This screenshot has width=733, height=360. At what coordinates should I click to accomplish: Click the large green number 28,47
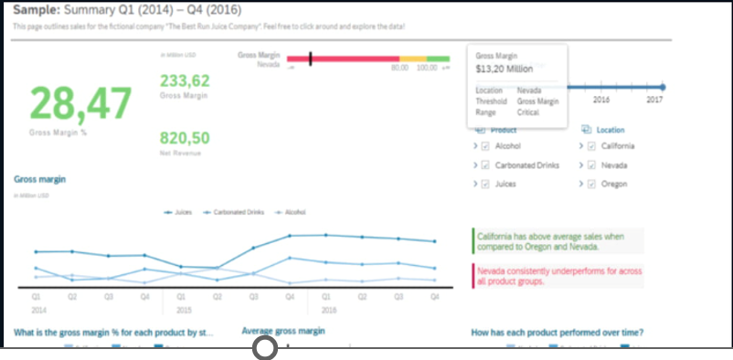point(81,104)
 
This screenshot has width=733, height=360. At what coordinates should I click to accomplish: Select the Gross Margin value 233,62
point(185,81)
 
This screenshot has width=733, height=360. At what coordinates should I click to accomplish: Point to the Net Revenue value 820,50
point(185,138)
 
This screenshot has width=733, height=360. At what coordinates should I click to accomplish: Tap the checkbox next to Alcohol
point(486,146)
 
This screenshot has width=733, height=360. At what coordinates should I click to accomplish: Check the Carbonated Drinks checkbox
point(486,165)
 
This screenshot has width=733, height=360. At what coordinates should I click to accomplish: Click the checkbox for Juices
point(486,185)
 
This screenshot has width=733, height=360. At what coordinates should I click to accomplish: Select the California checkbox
point(590,146)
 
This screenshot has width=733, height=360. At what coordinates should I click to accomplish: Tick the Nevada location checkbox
point(590,165)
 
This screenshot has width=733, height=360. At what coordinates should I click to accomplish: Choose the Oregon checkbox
point(590,185)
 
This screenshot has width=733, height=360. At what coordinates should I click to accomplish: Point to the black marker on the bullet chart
point(311,59)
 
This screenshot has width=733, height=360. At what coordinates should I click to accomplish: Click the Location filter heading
point(611,130)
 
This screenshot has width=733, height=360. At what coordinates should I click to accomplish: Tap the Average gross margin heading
point(283,331)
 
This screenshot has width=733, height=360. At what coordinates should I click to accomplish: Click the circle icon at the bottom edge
point(264,348)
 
